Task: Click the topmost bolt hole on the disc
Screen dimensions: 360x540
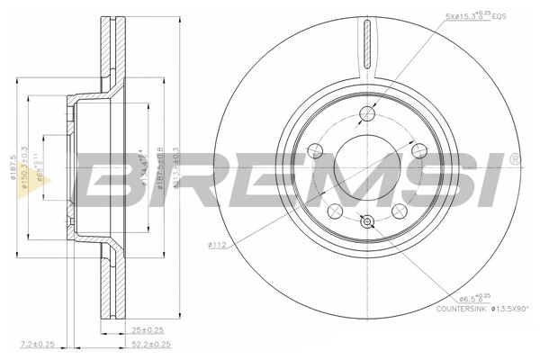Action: point(366,113)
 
